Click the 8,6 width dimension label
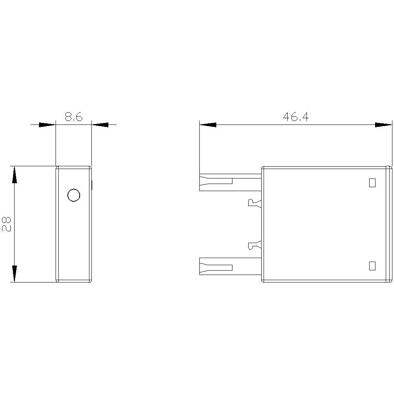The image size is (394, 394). tap(74, 117)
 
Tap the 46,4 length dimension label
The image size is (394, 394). tap(295, 117)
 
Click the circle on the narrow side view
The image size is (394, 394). tap(74, 195)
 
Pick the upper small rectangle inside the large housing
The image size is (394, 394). tap(372, 183)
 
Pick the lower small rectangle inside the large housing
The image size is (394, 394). tap(372, 266)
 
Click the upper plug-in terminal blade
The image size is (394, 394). tap(230, 182)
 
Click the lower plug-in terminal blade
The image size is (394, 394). tap(230, 266)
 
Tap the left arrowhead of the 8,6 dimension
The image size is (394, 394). tap(47, 125)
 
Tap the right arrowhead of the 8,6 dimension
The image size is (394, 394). tap(100, 125)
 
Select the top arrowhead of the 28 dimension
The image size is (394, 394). tap(15, 175)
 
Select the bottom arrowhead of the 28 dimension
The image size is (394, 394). tap(15, 273)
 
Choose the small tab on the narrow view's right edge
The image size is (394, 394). tap(92, 184)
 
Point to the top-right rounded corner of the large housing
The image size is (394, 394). tap(390, 169)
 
